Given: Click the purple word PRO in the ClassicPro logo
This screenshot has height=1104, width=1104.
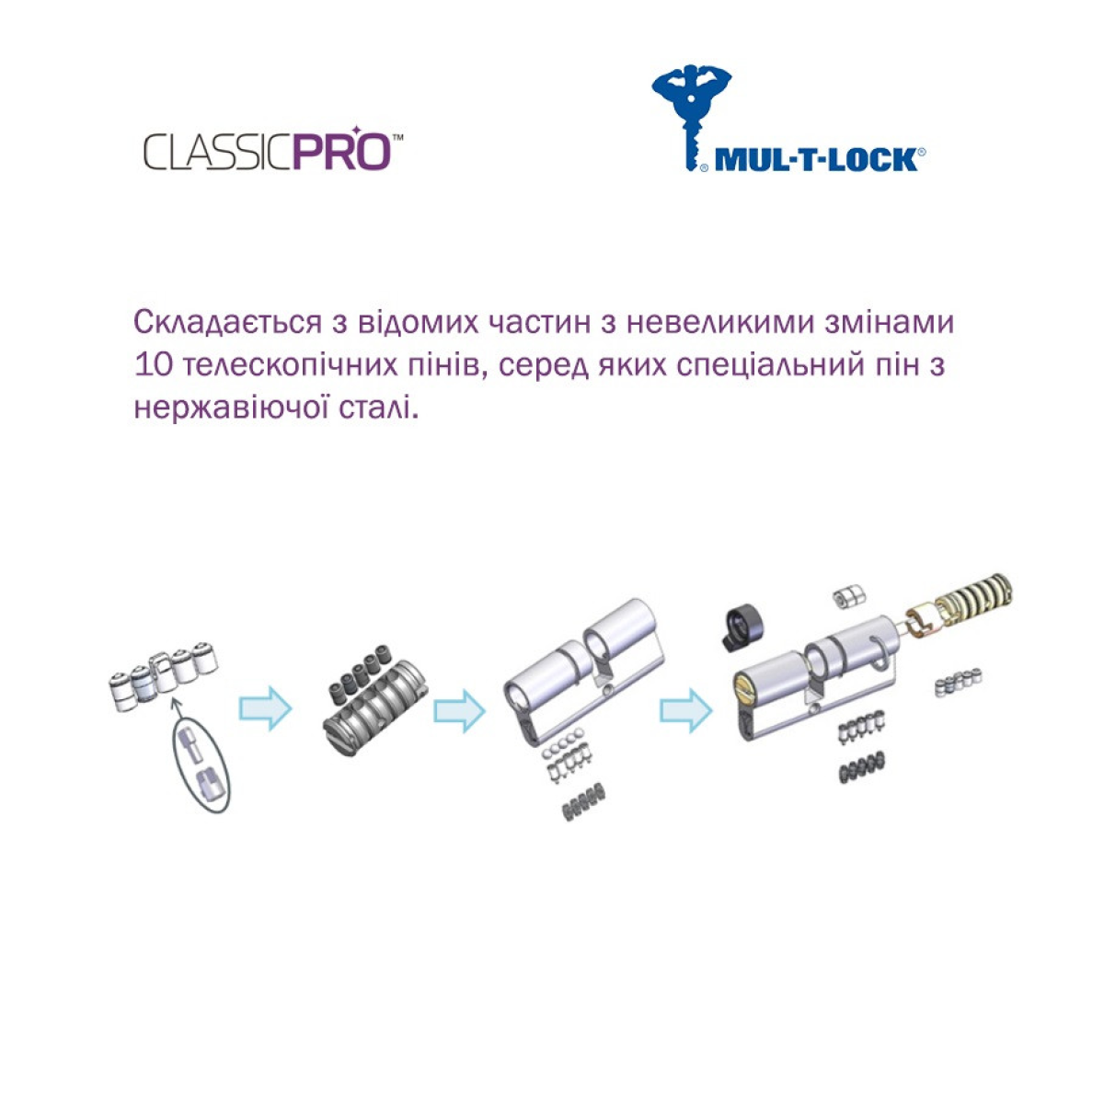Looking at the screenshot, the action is tap(342, 151).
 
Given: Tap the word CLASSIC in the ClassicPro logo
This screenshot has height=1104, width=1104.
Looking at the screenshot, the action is tap(218, 152).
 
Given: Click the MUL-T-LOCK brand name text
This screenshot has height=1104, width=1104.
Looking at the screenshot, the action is tap(816, 160).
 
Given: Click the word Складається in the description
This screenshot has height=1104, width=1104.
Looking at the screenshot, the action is tap(228, 324).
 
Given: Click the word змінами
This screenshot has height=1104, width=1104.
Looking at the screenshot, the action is tap(889, 324).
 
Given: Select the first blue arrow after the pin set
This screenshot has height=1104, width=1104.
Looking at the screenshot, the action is tap(265, 708).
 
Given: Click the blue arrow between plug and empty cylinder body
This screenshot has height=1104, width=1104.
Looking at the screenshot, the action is tap(459, 711).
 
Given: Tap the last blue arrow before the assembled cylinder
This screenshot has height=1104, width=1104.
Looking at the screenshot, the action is tap(685, 710).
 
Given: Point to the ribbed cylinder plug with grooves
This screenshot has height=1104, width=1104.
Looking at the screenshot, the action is tap(375, 708).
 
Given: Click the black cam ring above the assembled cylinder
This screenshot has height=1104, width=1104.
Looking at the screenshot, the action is tap(742, 628).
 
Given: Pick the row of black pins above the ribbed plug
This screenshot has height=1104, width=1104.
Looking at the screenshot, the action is tap(359, 674).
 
